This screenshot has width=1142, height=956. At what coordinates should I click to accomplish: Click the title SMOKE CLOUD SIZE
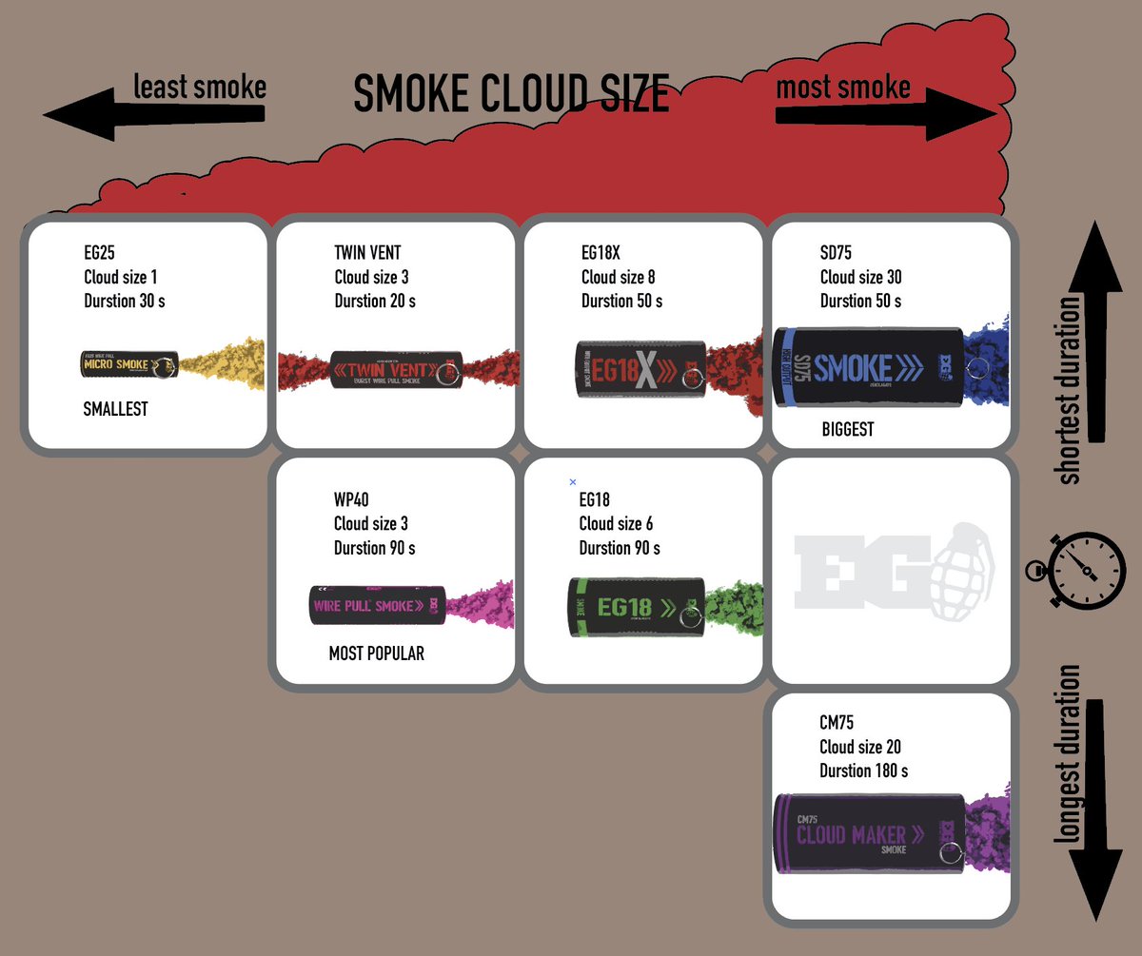coord(511,94)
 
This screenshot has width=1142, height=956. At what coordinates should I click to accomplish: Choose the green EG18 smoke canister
coord(636,607)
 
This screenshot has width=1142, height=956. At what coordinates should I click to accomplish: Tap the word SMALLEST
coord(116,410)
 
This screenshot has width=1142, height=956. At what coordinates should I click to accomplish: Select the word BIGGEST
coord(847,430)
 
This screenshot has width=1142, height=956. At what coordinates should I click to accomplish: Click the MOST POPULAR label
coord(376,654)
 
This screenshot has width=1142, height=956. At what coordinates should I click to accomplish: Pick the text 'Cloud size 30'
coord(860,277)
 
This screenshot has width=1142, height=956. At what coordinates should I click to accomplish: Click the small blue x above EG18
coord(572,482)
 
